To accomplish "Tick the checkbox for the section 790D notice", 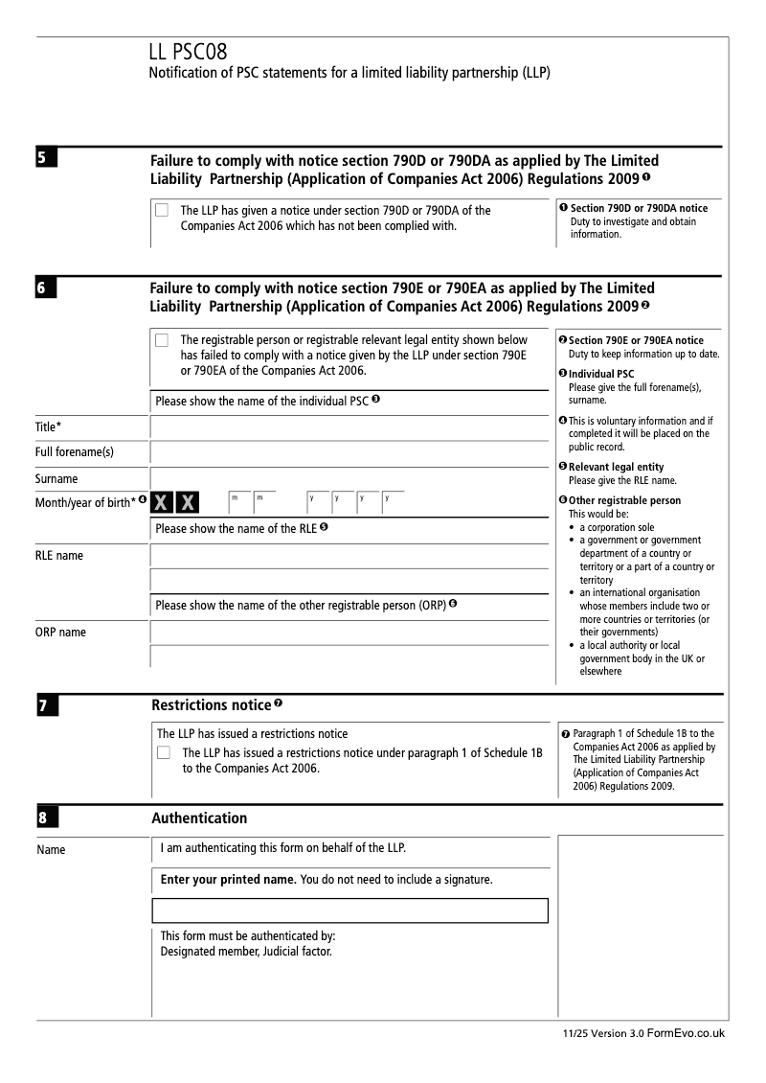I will tap(162, 211).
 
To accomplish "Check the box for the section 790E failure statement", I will tap(162, 340).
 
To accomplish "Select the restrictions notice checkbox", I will tap(163, 753).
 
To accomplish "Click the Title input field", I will tap(351, 427).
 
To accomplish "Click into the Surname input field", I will tap(351, 478).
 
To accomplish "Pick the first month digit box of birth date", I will tap(238, 502).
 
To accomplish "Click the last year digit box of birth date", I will tap(392, 502).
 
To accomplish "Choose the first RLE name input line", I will tap(351, 555).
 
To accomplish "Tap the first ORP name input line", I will tap(351, 633).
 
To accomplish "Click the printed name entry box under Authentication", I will tap(349, 910).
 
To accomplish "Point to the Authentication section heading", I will tap(199, 818).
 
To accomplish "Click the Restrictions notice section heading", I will tap(211, 706).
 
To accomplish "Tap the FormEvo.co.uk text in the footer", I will tap(687, 1033).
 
